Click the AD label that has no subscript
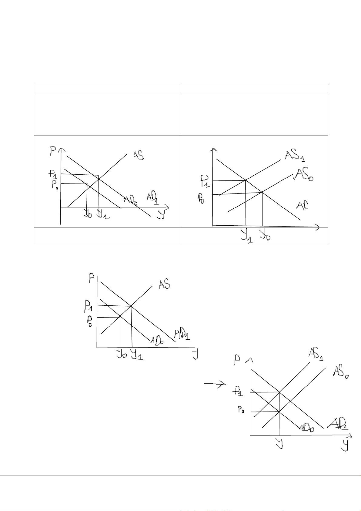pyautogui.click(x=302, y=206)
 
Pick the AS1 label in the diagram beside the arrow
pyautogui.click(x=316, y=354)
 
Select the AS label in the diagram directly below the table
pyautogui.click(x=164, y=285)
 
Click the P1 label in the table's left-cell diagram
pyautogui.click(x=53, y=174)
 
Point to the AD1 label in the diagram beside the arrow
pyautogui.click(x=339, y=423)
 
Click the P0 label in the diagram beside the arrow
pyautogui.click(x=241, y=411)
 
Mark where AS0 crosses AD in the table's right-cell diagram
pyautogui.click(x=262, y=192)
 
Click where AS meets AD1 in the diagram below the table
pyautogui.click(x=131, y=306)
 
